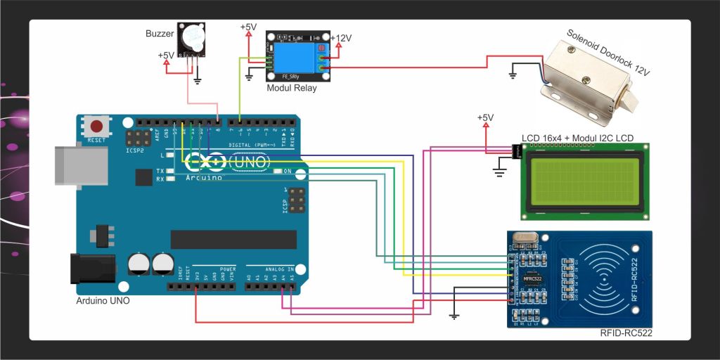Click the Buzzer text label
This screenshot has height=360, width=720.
pos(159,33)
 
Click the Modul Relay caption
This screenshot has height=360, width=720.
pos(292,88)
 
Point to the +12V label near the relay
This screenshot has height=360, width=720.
pos(342,39)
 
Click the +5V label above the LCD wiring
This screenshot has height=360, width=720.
pos(485,117)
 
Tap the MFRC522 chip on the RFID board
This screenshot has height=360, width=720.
pos(532,279)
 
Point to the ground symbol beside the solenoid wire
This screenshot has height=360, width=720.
pos(513,73)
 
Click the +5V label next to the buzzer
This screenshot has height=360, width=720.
pos(167,55)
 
